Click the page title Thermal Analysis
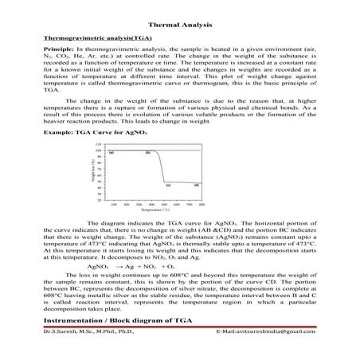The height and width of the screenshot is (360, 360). (180, 25)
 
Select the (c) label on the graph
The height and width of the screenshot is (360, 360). (168, 185)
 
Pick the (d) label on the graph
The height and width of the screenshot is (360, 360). (196, 185)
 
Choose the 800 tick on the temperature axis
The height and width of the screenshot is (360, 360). (202, 204)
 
